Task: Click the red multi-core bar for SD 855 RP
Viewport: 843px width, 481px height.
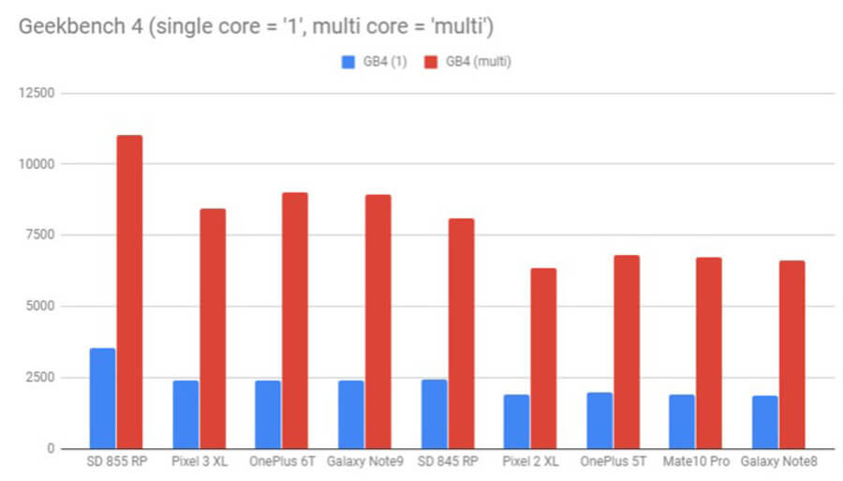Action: [129, 292]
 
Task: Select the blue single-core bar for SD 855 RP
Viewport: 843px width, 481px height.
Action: [102, 398]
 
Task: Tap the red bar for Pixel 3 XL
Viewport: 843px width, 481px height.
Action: [213, 328]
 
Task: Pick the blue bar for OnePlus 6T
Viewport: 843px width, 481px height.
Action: [267, 414]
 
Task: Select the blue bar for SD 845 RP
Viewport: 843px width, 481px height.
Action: [433, 413]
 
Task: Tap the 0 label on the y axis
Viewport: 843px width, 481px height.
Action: [52, 449]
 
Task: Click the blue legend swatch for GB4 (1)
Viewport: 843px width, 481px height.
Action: [346, 63]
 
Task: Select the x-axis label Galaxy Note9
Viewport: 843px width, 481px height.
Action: [364, 463]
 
